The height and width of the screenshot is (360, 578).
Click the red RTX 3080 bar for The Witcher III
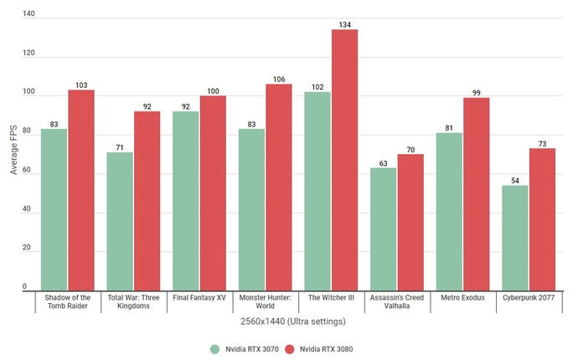coord(344,159)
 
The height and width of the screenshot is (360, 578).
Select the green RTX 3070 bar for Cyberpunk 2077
coord(515,237)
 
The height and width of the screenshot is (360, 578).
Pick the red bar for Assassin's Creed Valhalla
coord(410,221)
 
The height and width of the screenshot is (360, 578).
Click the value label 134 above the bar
coord(344,23)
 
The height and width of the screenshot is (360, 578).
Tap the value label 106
coord(279,79)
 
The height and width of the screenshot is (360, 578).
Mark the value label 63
coord(384,162)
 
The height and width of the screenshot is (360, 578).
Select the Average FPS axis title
coord(14,151)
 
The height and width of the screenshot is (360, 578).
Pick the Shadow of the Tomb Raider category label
coord(67,301)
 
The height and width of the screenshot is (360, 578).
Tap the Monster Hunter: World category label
coord(265,301)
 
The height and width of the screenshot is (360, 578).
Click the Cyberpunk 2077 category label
coord(528,296)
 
